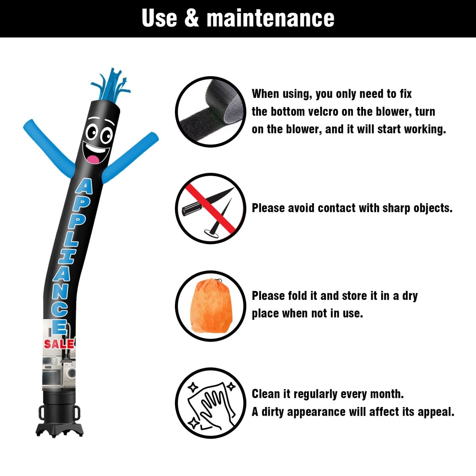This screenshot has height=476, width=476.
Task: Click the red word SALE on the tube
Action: click(59, 344)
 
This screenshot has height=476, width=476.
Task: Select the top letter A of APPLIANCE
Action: click(84, 186)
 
